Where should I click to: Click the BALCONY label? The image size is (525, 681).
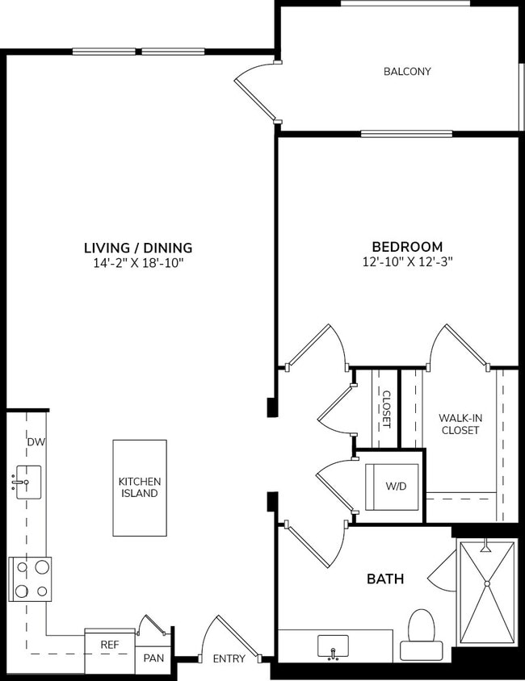click(x=406, y=71)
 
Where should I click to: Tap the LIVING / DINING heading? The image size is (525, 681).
click(x=138, y=248)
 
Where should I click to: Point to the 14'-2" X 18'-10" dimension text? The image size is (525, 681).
click(x=138, y=263)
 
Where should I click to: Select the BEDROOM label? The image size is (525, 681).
click(x=406, y=247)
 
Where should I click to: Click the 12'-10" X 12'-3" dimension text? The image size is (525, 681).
click(x=406, y=262)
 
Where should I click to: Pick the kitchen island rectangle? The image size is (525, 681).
click(x=139, y=487)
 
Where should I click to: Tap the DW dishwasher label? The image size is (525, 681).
click(x=35, y=442)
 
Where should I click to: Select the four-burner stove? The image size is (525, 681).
click(x=30, y=579)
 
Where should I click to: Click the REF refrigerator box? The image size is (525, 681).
click(x=110, y=645)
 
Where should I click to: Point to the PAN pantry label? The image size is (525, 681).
click(x=153, y=658)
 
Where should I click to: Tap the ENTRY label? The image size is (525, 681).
click(x=229, y=658)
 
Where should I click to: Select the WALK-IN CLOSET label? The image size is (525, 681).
click(x=459, y=424)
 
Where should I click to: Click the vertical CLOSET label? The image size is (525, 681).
click(x=386, y=409)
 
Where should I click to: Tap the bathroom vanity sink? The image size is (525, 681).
click(x=333, y=646)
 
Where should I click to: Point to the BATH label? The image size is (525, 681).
click(x=385, y=579)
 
